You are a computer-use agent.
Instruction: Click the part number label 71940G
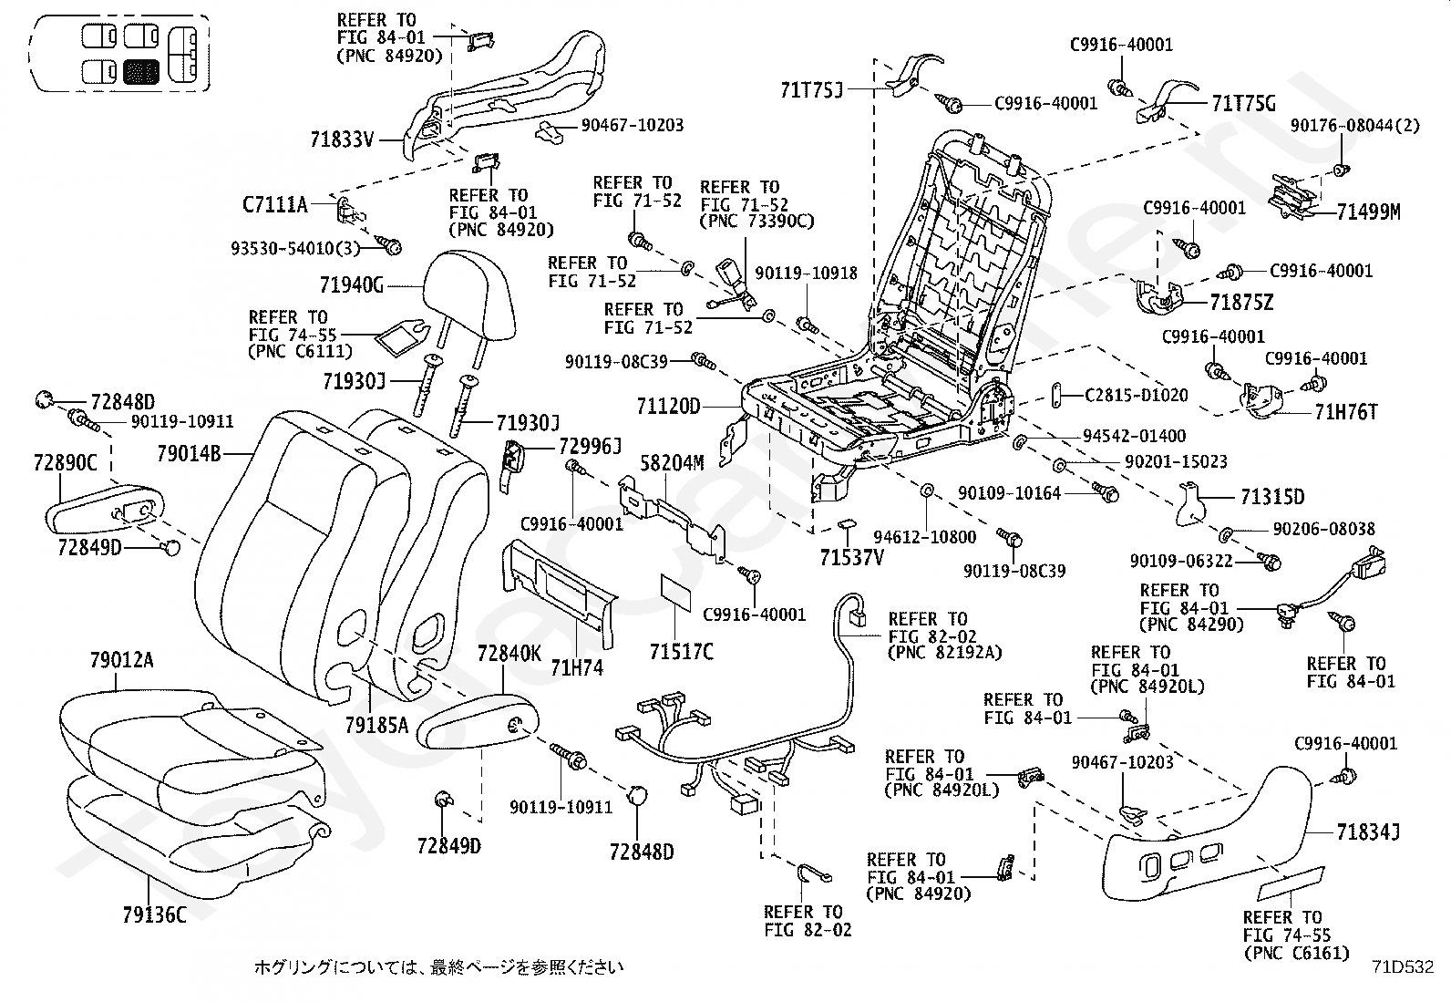352,285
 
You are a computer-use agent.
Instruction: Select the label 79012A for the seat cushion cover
122,660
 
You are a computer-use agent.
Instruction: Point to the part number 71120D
668,407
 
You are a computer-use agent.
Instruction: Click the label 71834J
1368,832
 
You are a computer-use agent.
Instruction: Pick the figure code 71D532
1403,967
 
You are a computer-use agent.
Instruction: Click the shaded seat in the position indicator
140,71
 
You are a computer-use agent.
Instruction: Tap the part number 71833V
342,139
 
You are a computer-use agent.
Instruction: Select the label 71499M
1369,212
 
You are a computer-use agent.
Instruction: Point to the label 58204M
672,463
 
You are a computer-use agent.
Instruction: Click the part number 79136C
154,915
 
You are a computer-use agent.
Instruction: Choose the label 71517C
682,651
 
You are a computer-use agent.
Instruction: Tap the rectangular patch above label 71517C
675,593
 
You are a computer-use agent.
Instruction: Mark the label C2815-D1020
1137,396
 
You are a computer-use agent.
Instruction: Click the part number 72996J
590,447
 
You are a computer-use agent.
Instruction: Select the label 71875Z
1241,303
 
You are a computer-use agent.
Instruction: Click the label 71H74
577,667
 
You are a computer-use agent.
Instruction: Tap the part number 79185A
377,725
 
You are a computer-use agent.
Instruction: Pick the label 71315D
1272,497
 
